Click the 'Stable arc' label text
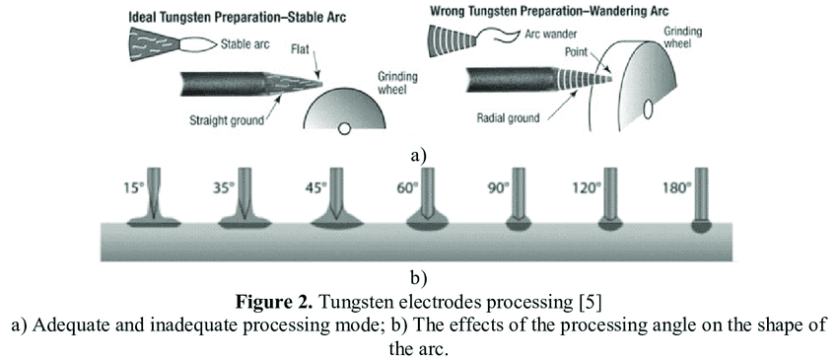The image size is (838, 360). (x=245, y=44)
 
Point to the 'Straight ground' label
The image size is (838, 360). (x=227, y=119)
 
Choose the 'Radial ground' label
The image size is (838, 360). (x=508, y=117)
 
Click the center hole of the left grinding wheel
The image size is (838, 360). (x=345, y=127)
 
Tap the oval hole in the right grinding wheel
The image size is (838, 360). (x=649, y=109)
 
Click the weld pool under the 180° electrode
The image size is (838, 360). (x=701, y=226)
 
